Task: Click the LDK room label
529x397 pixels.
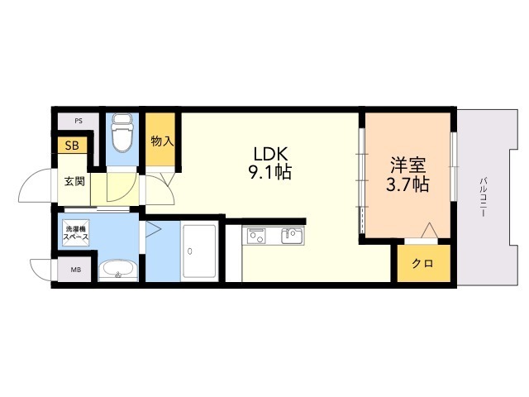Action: (x=271, y=154)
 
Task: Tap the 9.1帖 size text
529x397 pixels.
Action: (x=271, y=173)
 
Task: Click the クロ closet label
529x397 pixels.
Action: (x=422, y=264)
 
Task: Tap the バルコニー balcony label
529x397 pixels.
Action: (x=481, y=197)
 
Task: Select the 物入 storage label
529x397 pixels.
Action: (x=162, y=141)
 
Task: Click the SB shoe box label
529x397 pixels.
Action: (x=73, y=146)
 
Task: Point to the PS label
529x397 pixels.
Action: (x=79, y=121)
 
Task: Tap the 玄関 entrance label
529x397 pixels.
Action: (x=74, y=181)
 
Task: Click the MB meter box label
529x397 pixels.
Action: (x=75, y=270)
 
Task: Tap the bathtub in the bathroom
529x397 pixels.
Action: (x=199, y=251)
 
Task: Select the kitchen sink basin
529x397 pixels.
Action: (x=293, y=238)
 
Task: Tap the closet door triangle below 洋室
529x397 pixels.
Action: (x=428, y=230)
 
